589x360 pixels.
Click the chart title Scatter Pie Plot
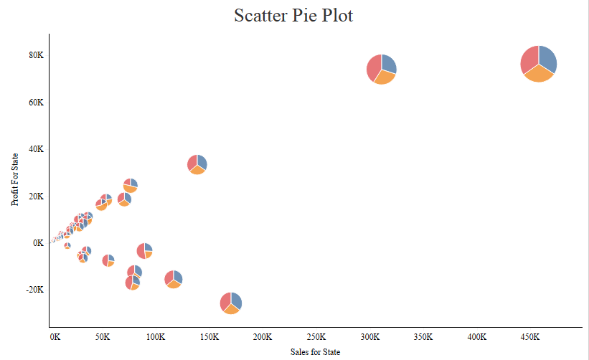coord(293,16)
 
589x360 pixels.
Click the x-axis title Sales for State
coord(315,352)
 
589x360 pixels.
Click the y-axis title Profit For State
coord(15,179)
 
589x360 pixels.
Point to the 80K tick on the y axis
coord(36,55)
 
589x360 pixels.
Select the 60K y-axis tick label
coord(36,103)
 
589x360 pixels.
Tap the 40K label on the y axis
coord(36,149)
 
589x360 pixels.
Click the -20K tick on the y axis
coord(34,290)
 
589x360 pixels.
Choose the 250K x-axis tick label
coord(316,336)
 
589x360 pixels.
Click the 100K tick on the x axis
coord(156,336)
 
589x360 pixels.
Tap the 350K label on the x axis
coord(423,336)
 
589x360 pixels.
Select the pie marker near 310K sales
coord(382,69)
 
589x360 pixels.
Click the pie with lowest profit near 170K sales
coord(230,303)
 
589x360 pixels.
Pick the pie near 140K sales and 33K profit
coord(197,164)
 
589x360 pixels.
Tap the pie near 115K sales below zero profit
coord(173,279)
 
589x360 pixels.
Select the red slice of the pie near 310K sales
coord(374,67)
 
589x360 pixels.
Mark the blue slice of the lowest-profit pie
coord(236,301)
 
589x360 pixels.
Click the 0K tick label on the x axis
coord(55,336)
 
